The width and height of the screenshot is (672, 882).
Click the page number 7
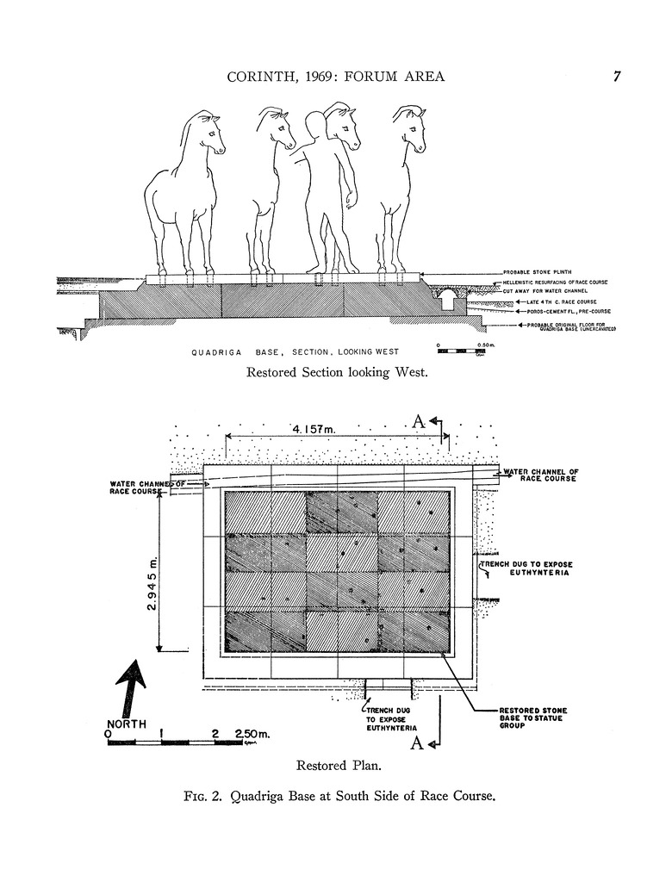point(617,77)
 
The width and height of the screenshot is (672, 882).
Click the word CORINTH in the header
point(258,77)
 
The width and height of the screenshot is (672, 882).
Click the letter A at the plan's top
point(418,421)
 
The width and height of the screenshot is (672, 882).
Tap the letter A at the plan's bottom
point(416,744)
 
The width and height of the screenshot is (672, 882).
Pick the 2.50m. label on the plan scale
point(252,734)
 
